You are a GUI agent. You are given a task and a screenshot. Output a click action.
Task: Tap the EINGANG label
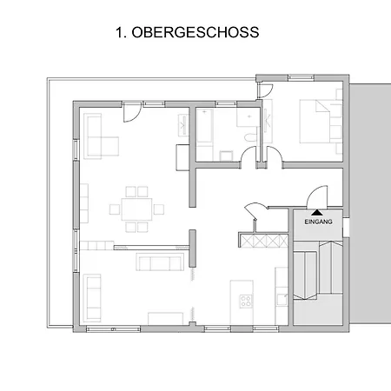click(x=318, y=222)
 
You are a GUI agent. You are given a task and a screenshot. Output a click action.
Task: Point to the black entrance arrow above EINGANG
click(x=318, y=211)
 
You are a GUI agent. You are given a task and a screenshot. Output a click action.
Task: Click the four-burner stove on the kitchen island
click(x=246, y=302)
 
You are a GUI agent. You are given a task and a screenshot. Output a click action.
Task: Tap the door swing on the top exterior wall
click(x=131, y=111)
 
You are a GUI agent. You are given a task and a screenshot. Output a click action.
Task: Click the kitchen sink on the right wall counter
click(x=281, y=298)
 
